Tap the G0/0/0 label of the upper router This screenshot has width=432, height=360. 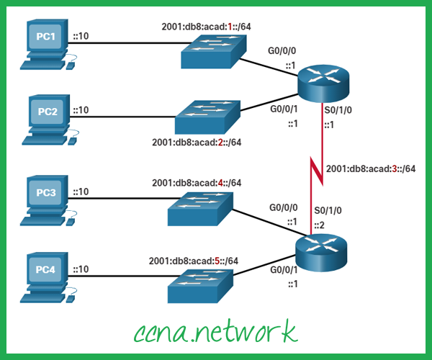282,52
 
